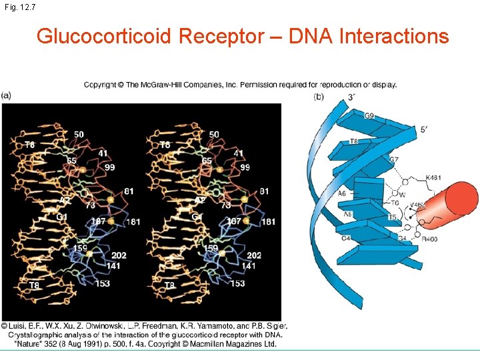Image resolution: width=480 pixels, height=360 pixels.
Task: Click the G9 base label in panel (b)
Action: [369, 116]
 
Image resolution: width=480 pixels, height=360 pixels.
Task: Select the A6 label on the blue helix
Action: [342, 193]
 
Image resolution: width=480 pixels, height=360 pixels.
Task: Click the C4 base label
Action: [346, 237]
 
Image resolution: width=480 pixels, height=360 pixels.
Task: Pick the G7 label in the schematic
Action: [394, 160]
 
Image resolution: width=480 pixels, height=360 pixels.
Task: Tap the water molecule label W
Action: [402, 195]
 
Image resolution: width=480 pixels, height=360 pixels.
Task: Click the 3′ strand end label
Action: [351, 98]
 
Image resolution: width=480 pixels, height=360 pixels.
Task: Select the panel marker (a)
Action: [6, 96]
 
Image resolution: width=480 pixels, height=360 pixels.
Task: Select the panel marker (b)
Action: [319, 97]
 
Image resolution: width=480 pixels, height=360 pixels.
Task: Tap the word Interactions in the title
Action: [394, 36]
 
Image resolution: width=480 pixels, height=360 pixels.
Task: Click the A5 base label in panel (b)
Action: [347, 215]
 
